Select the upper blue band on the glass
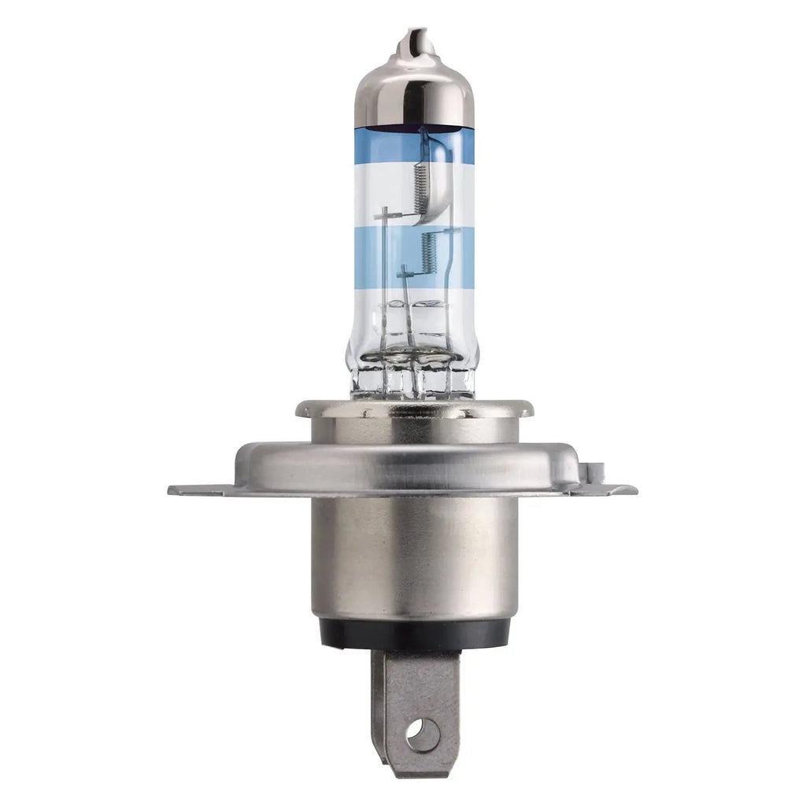tap(378, 146)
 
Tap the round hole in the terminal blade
tap(423, 735)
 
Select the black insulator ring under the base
tap(414, 633)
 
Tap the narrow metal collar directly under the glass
tap(414, 409)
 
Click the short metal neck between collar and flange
tap(414, 430)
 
